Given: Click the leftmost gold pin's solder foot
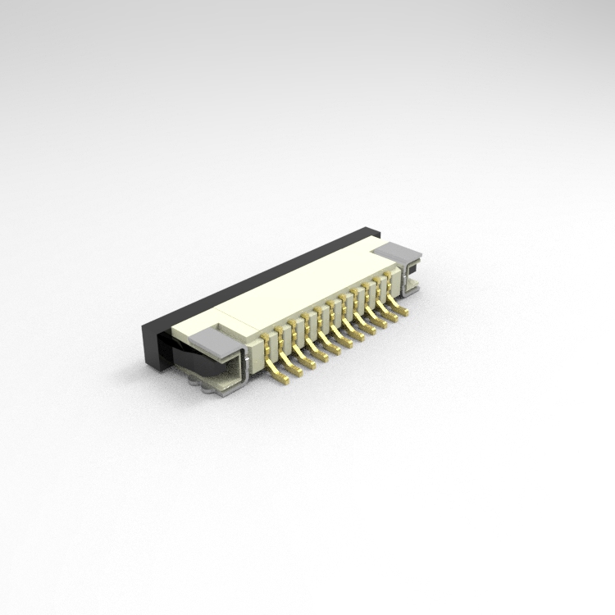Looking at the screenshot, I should tap(283, 378).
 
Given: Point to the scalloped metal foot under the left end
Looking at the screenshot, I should tap(197, 379).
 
